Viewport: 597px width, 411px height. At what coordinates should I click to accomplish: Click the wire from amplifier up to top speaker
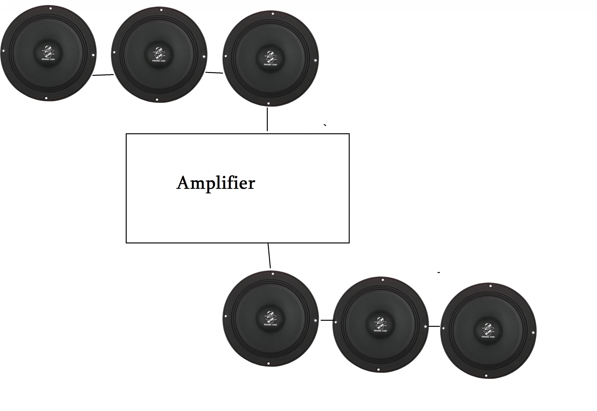pyautogui.click(x=267, y=119)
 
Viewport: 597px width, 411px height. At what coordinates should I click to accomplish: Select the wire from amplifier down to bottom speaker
pyautogui.click(x=269, y=255)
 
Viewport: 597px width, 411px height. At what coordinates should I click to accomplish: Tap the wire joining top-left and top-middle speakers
pyautogui.click(x=103, y=75)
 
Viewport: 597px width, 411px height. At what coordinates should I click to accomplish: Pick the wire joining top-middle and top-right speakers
pyautogui.click(x=214, y=73)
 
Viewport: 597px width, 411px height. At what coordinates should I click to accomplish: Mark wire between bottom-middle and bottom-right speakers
pyautogui.click(x=434, y=326)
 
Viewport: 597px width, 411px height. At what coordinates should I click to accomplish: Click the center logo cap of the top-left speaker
pyautogui.click(x=48, y=53)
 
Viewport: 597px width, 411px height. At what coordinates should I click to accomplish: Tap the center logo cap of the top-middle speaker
pyautogui.click(x=159, y=55)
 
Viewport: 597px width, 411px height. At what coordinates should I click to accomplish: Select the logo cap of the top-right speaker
pyautogui.click(x=270, y=58)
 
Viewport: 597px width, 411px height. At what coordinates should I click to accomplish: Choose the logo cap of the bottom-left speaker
pyautogui.click(x=270, y=319)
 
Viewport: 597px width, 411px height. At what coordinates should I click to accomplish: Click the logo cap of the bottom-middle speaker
pyautogui.click(x=380, y=325)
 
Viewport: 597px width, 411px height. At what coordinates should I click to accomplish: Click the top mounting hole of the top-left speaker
pyautogui.click(x=50, y=9)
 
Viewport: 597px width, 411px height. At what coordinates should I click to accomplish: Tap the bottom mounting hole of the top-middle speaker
pyautogui.click(x=157, y=99)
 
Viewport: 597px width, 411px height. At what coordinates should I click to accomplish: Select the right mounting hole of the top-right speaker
pyautogui.click(x=315, y=61)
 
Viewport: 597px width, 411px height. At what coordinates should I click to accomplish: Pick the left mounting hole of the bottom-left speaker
pyautogui.click(x=226, y=316)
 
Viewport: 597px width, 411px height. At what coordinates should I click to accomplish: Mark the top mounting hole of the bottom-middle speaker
pyautogui.click(x=383, y=280)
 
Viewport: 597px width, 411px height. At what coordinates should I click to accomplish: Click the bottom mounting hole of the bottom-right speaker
pyautogui.click(x=486, y=376)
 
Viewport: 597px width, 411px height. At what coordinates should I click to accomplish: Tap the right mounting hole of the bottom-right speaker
pyautogui.click(x=533, y=332)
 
